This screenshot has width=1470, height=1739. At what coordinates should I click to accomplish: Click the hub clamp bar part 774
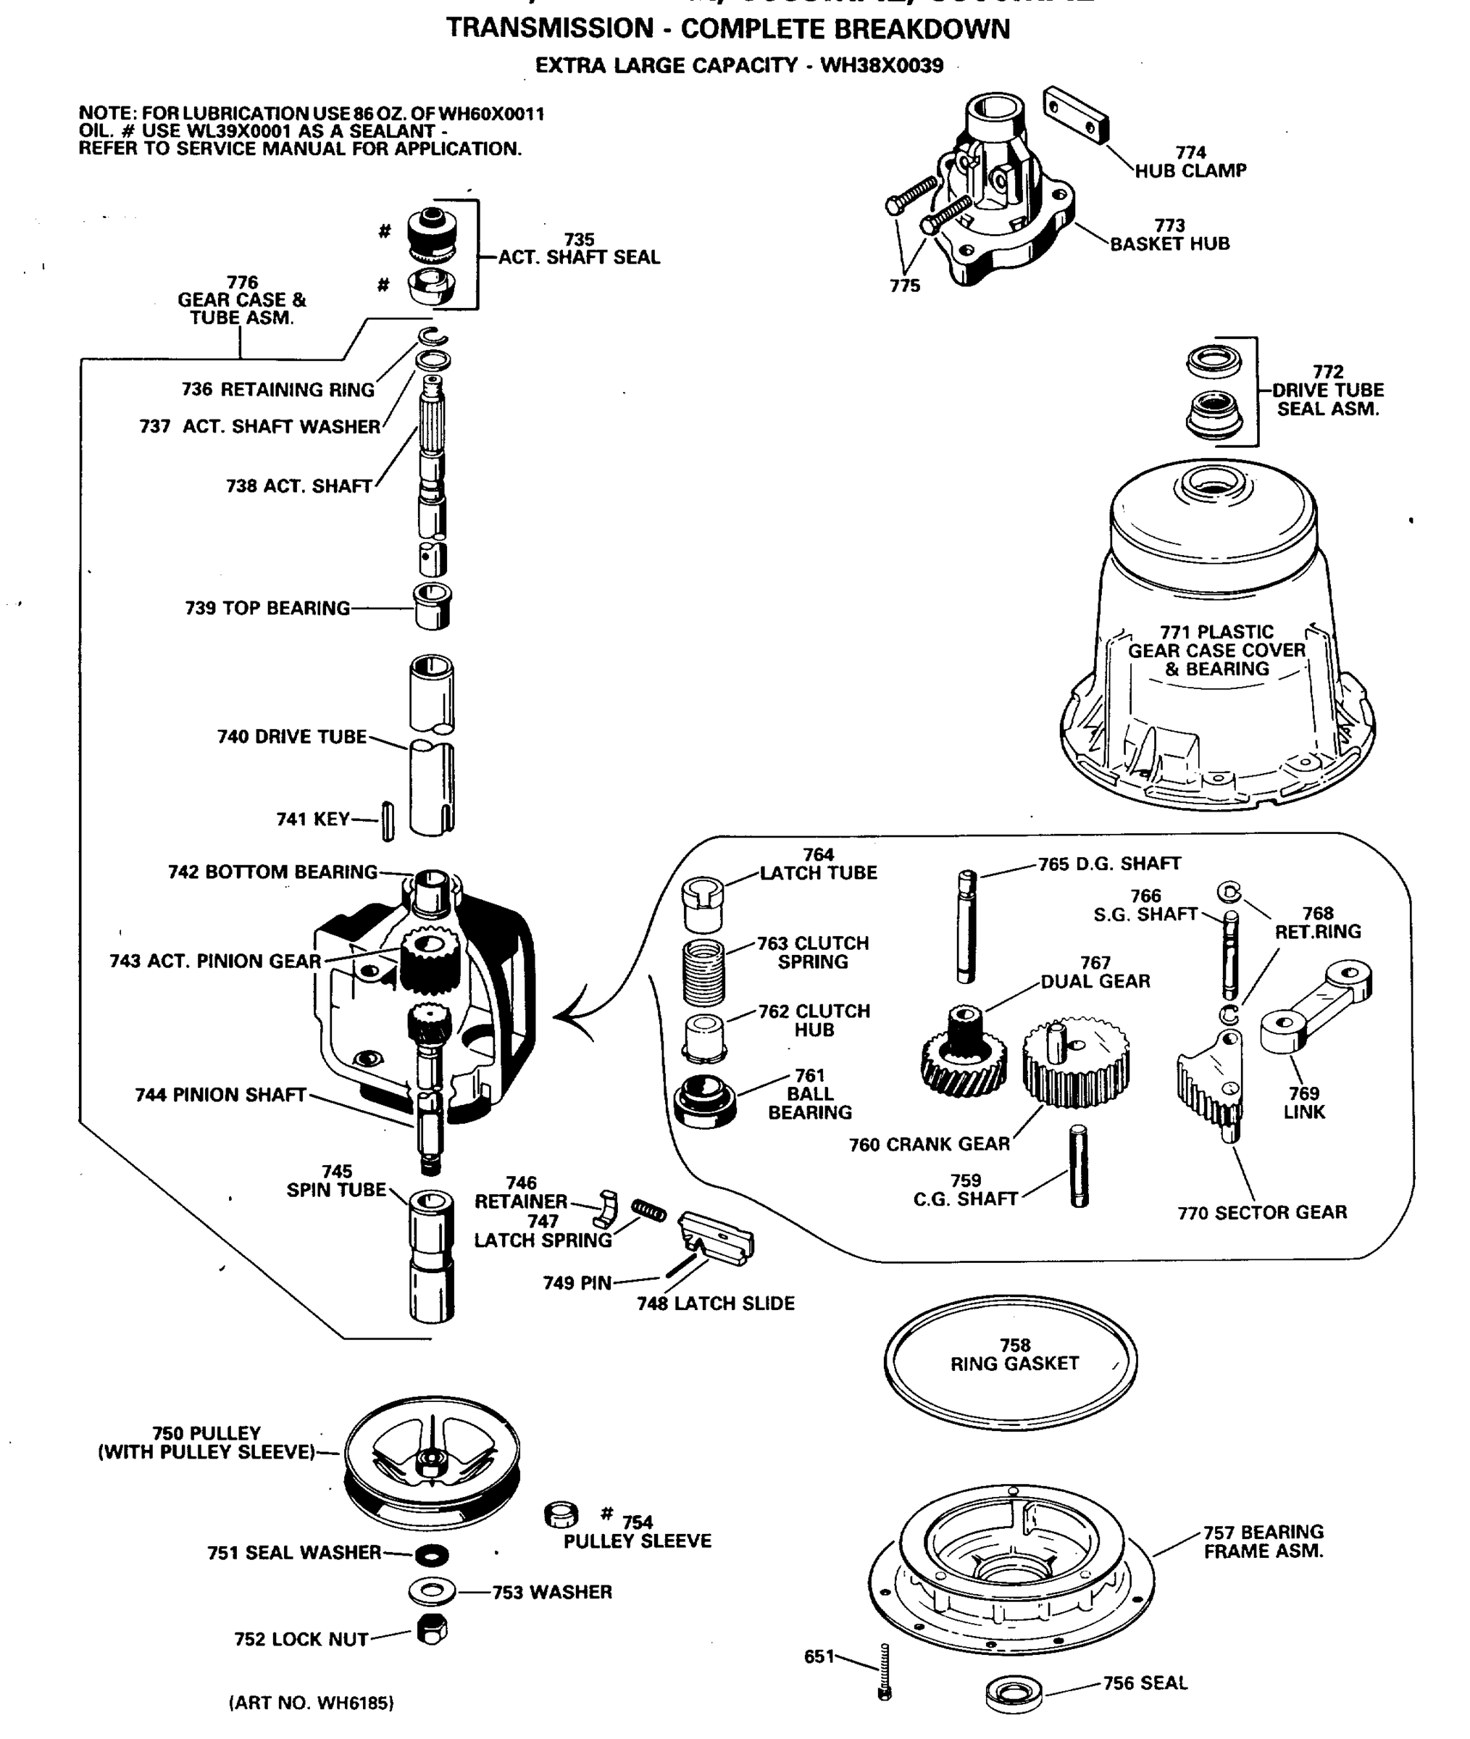click(1075, 115)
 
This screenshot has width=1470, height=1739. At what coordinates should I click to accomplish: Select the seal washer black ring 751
click(432, 1555)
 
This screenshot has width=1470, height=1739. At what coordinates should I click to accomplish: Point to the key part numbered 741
click(388, 821)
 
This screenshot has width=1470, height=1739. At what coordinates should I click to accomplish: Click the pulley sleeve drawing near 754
click(561, 1514)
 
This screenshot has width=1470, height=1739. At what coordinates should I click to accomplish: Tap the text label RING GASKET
click(1014, 1364)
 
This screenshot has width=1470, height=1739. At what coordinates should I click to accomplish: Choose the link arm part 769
click(1316, 1006)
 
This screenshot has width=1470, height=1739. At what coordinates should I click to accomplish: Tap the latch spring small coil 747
click(648, 1211)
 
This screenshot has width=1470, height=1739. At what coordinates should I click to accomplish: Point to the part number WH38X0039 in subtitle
click(882, 65)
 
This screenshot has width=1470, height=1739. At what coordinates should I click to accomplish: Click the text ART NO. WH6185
click(311, 1702)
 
